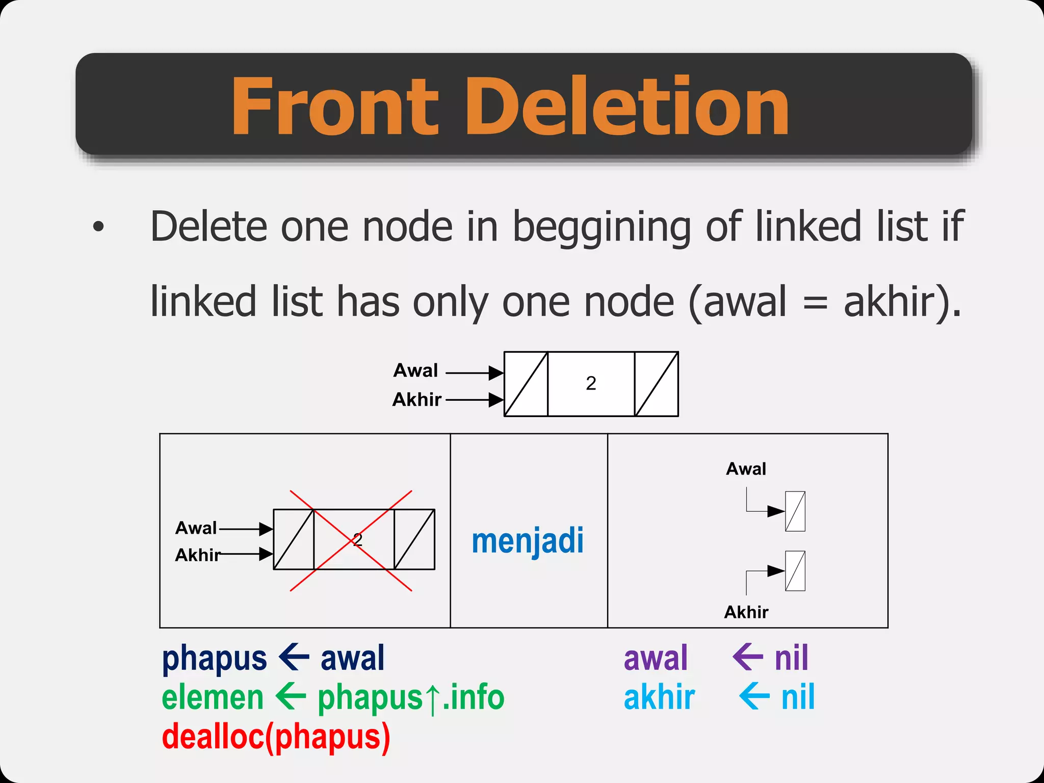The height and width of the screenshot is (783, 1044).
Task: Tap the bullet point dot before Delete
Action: click(x=98, y=227)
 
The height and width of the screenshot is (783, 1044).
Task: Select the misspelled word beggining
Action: click(x=602, y=227)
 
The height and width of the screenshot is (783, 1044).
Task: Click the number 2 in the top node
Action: click(x=591, y=383)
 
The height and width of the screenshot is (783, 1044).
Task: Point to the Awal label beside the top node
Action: click(x=415, y=371)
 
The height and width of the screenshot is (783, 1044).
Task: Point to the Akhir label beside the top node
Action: click(x=416, y=400)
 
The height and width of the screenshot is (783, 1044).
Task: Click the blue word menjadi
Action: click(x=528, y=541)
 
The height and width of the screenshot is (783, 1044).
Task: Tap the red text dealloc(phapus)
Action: click(x=276, y=737)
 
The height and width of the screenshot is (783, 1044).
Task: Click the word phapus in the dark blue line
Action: click(x=214, y=659)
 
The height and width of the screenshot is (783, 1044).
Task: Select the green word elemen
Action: click(x=213, y=698)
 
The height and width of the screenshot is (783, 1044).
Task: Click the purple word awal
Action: click(x=656, y=658)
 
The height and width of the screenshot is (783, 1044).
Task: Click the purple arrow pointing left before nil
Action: click(x=748, y=657)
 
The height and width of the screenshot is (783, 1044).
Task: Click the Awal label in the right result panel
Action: click(x=746, y=469)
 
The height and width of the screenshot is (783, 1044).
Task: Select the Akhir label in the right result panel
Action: click(x=746, y=612)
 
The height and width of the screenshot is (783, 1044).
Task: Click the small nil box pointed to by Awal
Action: click(x=795, y=511)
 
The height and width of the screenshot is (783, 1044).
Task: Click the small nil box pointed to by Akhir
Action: click(x=795, y=571)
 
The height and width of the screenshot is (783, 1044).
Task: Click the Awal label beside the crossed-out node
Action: click(x=196, y=528)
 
